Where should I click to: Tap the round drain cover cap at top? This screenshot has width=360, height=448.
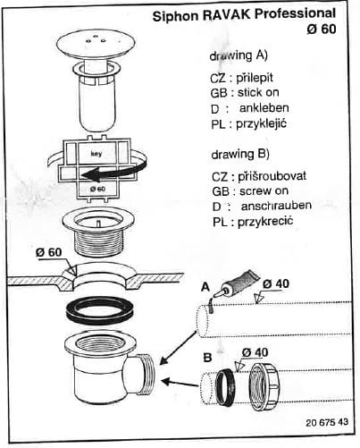click(x=96, y=46)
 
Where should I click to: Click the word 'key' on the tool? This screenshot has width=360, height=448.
click(x=96, y=154)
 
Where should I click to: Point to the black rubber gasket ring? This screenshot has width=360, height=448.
click(x=99, y=310)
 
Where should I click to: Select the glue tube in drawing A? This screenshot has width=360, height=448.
click(x=238, y=284)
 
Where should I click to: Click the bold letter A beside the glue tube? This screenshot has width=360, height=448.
click(x=205, y=287)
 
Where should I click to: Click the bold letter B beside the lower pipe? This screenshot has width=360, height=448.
click(x=207, y=357)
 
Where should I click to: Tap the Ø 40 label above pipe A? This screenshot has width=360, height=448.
click(x=276, y=284)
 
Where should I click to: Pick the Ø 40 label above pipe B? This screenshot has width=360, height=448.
click(x=255, y=352)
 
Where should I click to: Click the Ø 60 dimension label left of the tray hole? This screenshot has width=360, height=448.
click(x=49, y=252)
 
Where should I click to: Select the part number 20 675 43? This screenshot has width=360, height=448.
click(x=327, y=422)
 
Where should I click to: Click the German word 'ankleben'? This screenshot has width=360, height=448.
click(x=264, y=107)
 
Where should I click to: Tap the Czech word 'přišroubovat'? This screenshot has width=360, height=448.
click(x=272, y=176)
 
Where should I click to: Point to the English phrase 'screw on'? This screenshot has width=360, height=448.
click(x=264, y=190)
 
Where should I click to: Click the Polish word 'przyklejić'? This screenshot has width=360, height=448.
click(x=262, y=123)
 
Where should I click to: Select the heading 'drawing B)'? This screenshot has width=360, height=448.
click(x=240, y=154)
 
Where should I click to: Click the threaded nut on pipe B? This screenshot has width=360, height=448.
click(x=264, y=385)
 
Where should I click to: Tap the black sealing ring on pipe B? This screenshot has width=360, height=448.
click(x=225, y=385)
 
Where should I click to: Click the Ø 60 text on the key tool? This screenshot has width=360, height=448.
click(x=97, y=189)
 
